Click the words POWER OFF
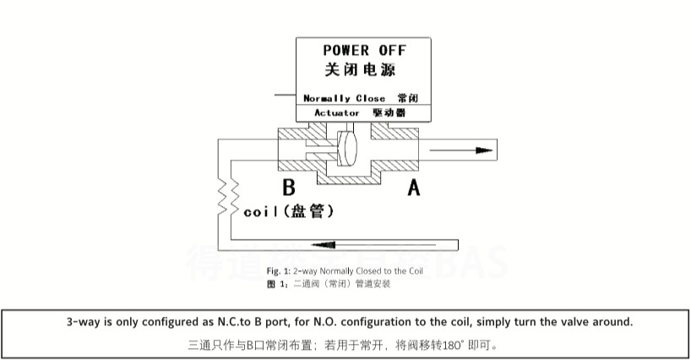coord(365,51)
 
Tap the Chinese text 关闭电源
coord(360,70)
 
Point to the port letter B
coord(288,188)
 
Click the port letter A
coord(414,188)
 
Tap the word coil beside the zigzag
coord(261,212)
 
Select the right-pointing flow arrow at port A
coord(460,150)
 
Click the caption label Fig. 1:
coord(279,270)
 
